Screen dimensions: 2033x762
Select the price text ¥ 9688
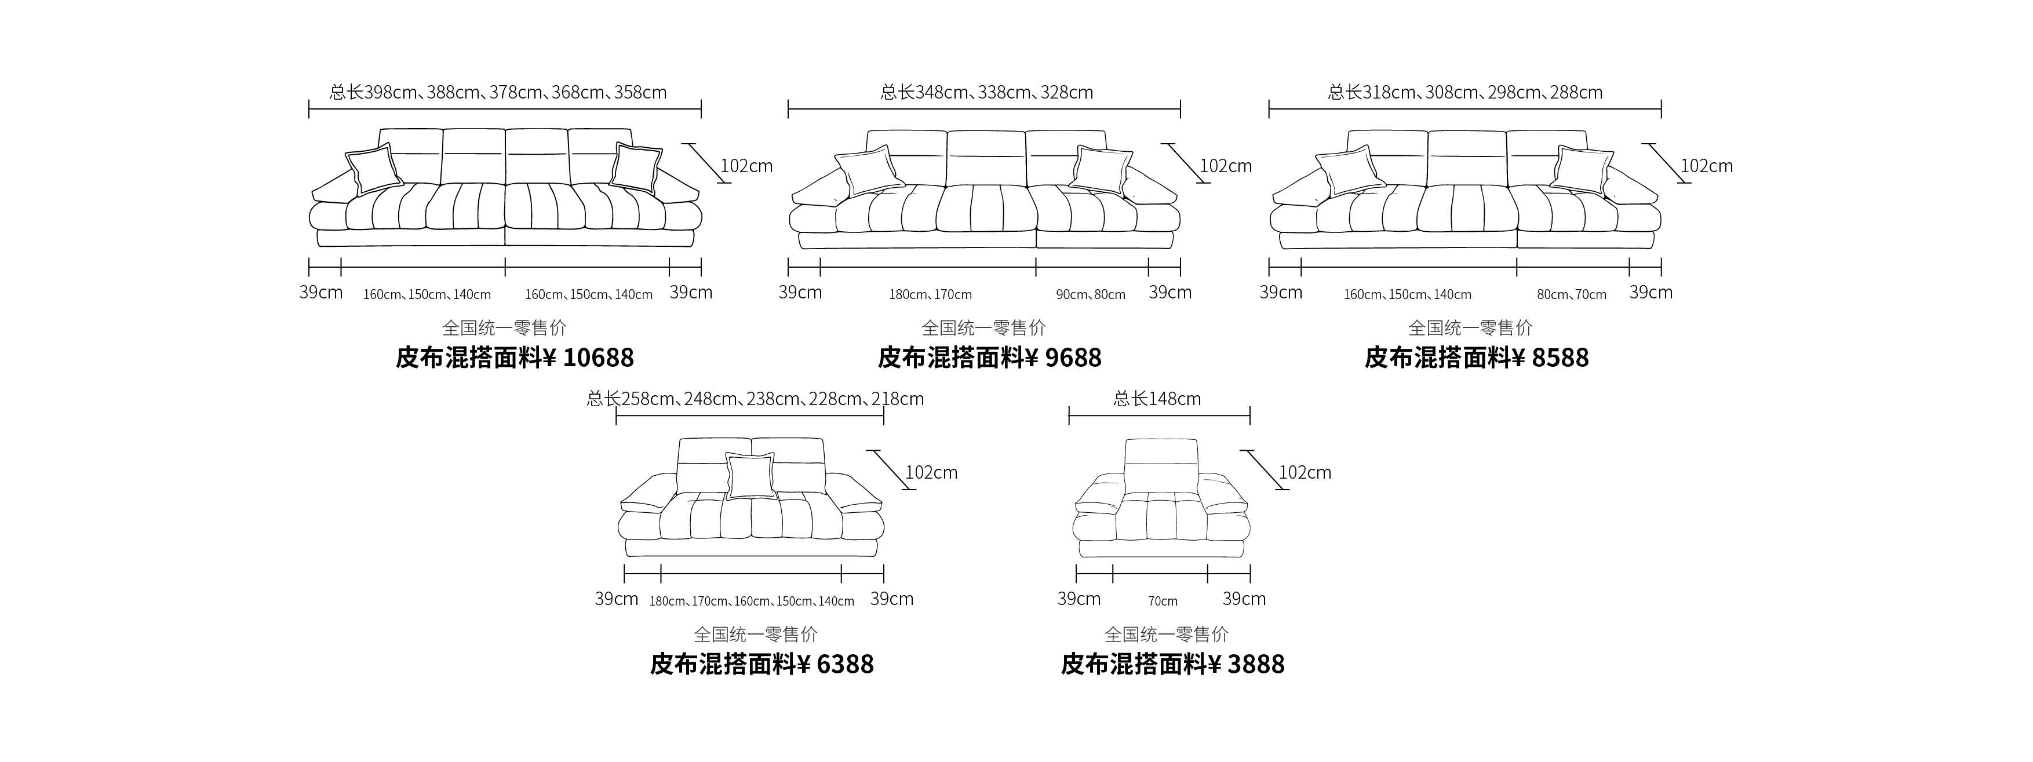1064,358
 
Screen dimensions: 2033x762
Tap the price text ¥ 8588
1551,358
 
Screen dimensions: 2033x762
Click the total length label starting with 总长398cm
498,92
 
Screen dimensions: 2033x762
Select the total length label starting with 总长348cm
986,92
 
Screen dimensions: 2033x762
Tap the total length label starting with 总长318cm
1466,92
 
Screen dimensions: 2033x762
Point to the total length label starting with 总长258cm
755,399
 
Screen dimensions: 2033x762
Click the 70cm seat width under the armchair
1163,601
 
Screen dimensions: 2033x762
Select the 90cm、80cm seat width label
1091,295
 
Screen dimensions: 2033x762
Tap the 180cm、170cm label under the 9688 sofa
931,295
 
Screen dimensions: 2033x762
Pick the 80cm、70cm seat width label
1571,295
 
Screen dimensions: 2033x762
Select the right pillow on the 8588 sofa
1582,171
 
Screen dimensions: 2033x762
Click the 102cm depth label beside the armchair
1305,472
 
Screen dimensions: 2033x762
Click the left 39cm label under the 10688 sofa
320,293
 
